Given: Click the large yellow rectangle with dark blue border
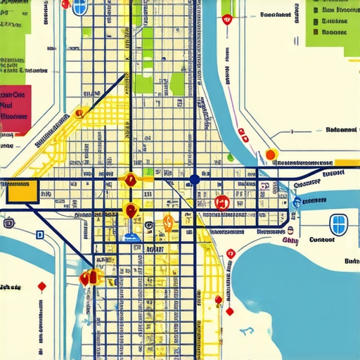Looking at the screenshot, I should click(x=22, y=191).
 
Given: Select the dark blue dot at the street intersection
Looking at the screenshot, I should click(x=195, y=180).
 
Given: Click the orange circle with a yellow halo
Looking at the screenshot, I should click(x=271, y=155).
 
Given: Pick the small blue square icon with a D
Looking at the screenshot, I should click(x=40, y=235).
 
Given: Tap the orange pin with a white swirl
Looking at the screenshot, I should click(x=168, y=223).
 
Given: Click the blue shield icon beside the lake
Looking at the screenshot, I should click(x=339, y=224).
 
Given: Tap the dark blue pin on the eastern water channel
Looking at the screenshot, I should click(x=297, y=203).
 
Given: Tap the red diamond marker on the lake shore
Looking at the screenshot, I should click(x=229, y=311).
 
